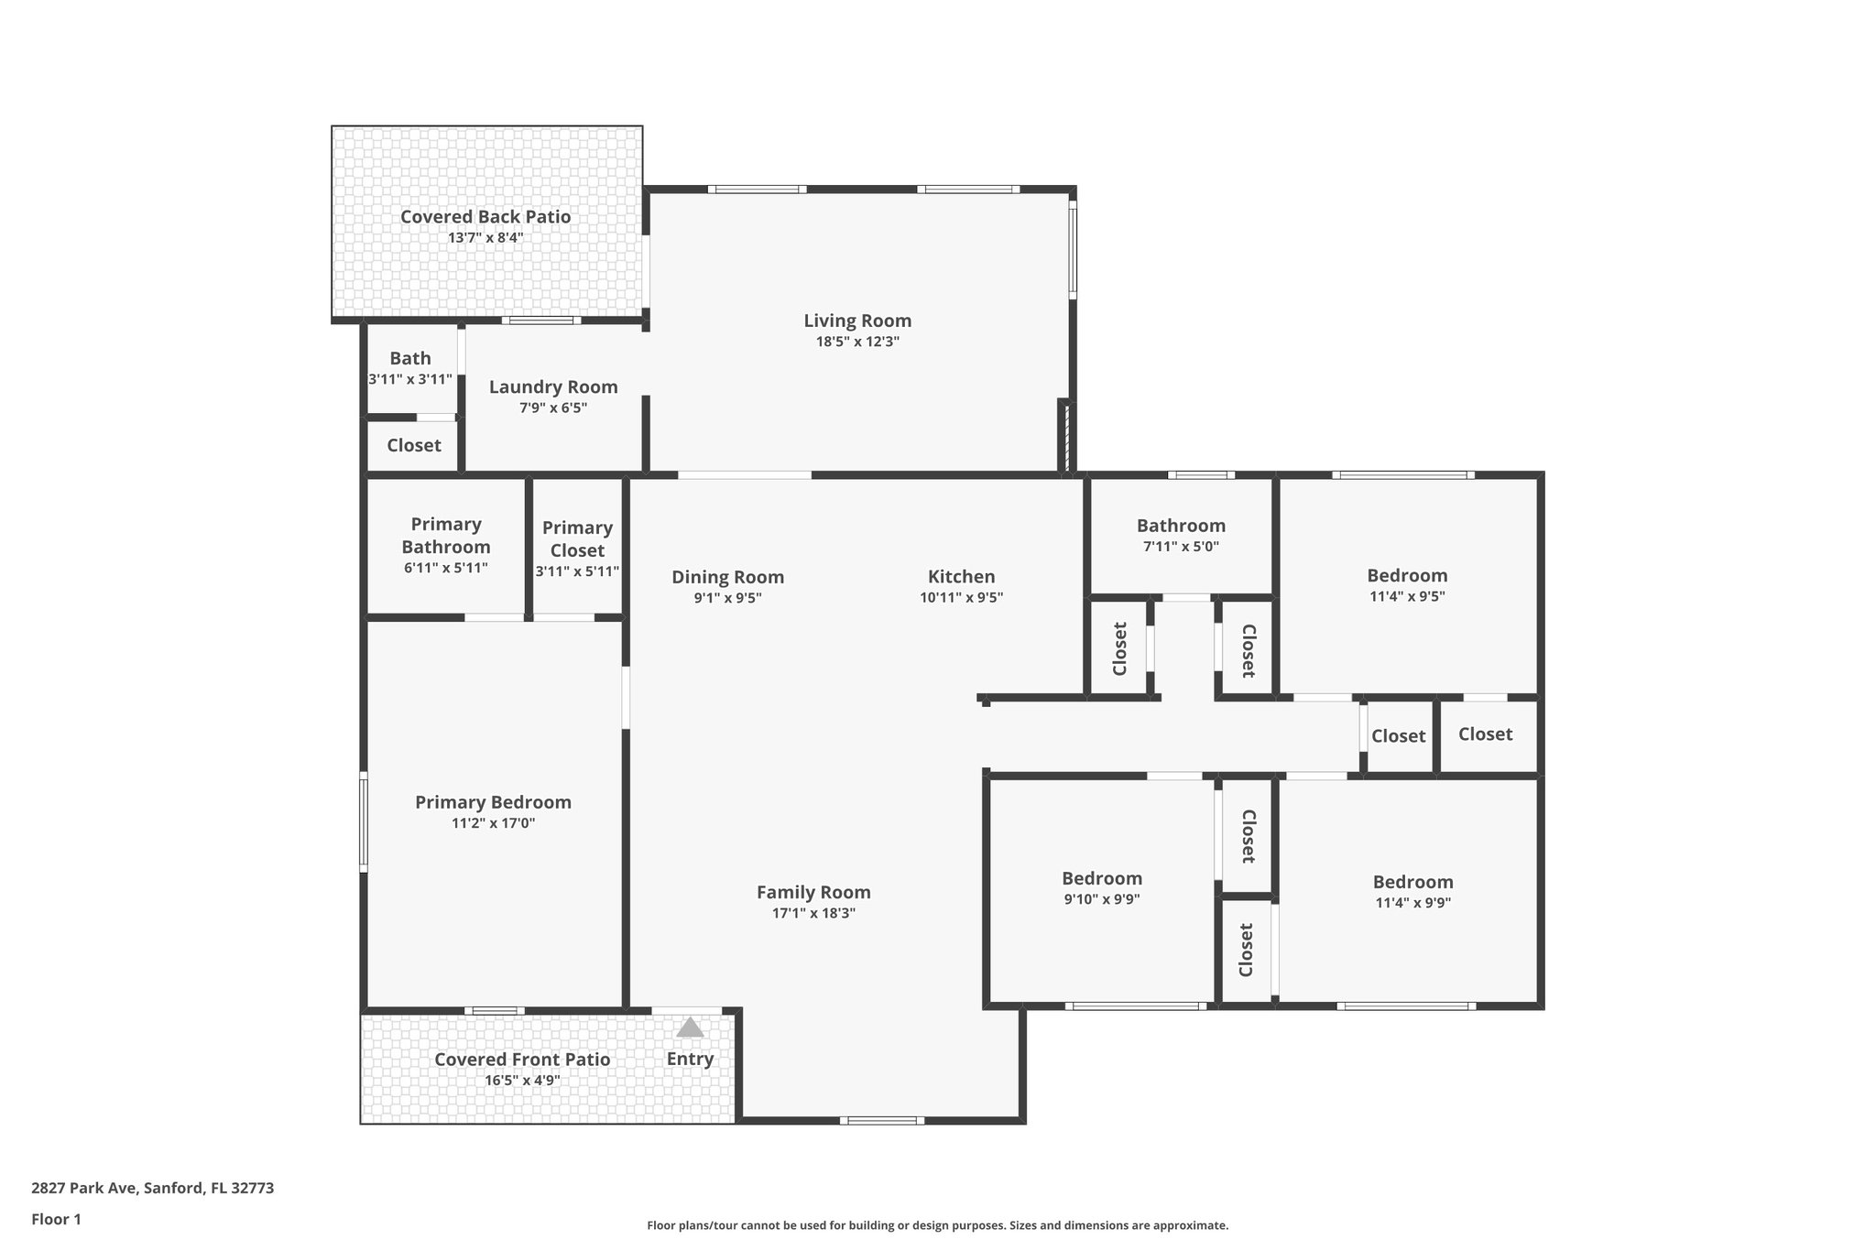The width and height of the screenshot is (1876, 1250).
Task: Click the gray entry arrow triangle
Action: coord(690,1027)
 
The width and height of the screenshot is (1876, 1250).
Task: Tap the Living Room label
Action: coord(857,321)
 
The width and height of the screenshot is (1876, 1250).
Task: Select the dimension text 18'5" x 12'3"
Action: coord(857,342)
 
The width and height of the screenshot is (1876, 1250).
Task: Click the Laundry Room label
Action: coord(553,386)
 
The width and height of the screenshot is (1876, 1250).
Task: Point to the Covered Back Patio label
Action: coord(485,217)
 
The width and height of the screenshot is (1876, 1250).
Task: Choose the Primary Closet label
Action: coord(577,538)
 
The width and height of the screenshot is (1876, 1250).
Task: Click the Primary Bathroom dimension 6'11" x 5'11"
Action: coord(445,568)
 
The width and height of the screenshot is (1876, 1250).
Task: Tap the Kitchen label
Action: coord(961,576)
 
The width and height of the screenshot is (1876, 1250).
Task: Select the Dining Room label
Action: coord(727,577)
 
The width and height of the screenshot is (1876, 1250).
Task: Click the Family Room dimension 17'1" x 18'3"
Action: coord(813,913)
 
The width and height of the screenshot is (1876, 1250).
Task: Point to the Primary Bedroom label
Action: coord(493,802)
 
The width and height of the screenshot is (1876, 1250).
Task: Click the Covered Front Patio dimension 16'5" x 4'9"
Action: coord(522,1081)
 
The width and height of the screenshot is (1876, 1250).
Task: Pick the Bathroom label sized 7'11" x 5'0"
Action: coord(1181,526)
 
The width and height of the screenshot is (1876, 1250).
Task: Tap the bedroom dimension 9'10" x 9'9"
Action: coord(1102,899)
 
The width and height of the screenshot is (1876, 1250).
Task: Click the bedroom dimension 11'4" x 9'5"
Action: coord(1407,596)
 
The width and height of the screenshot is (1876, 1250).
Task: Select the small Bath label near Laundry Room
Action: coord(409,358)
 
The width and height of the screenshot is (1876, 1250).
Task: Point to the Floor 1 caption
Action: coord(56,1219)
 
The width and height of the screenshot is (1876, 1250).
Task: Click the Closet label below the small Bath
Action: coord(413,445)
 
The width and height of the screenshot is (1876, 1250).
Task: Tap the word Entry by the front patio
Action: coord(690,1059)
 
